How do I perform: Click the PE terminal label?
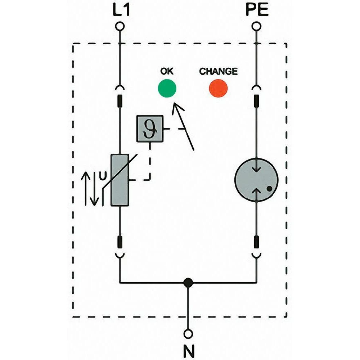tap(257, 10)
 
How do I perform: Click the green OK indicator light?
tap(167, 88)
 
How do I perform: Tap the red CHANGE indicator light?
tap(219, 88)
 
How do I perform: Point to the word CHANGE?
tap(219, 71)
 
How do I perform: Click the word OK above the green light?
tap(167, 71)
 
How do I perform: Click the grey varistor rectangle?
tap(120, 180)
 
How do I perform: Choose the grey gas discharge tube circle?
tap(257, 179)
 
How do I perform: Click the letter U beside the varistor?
tap(103, 177)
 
